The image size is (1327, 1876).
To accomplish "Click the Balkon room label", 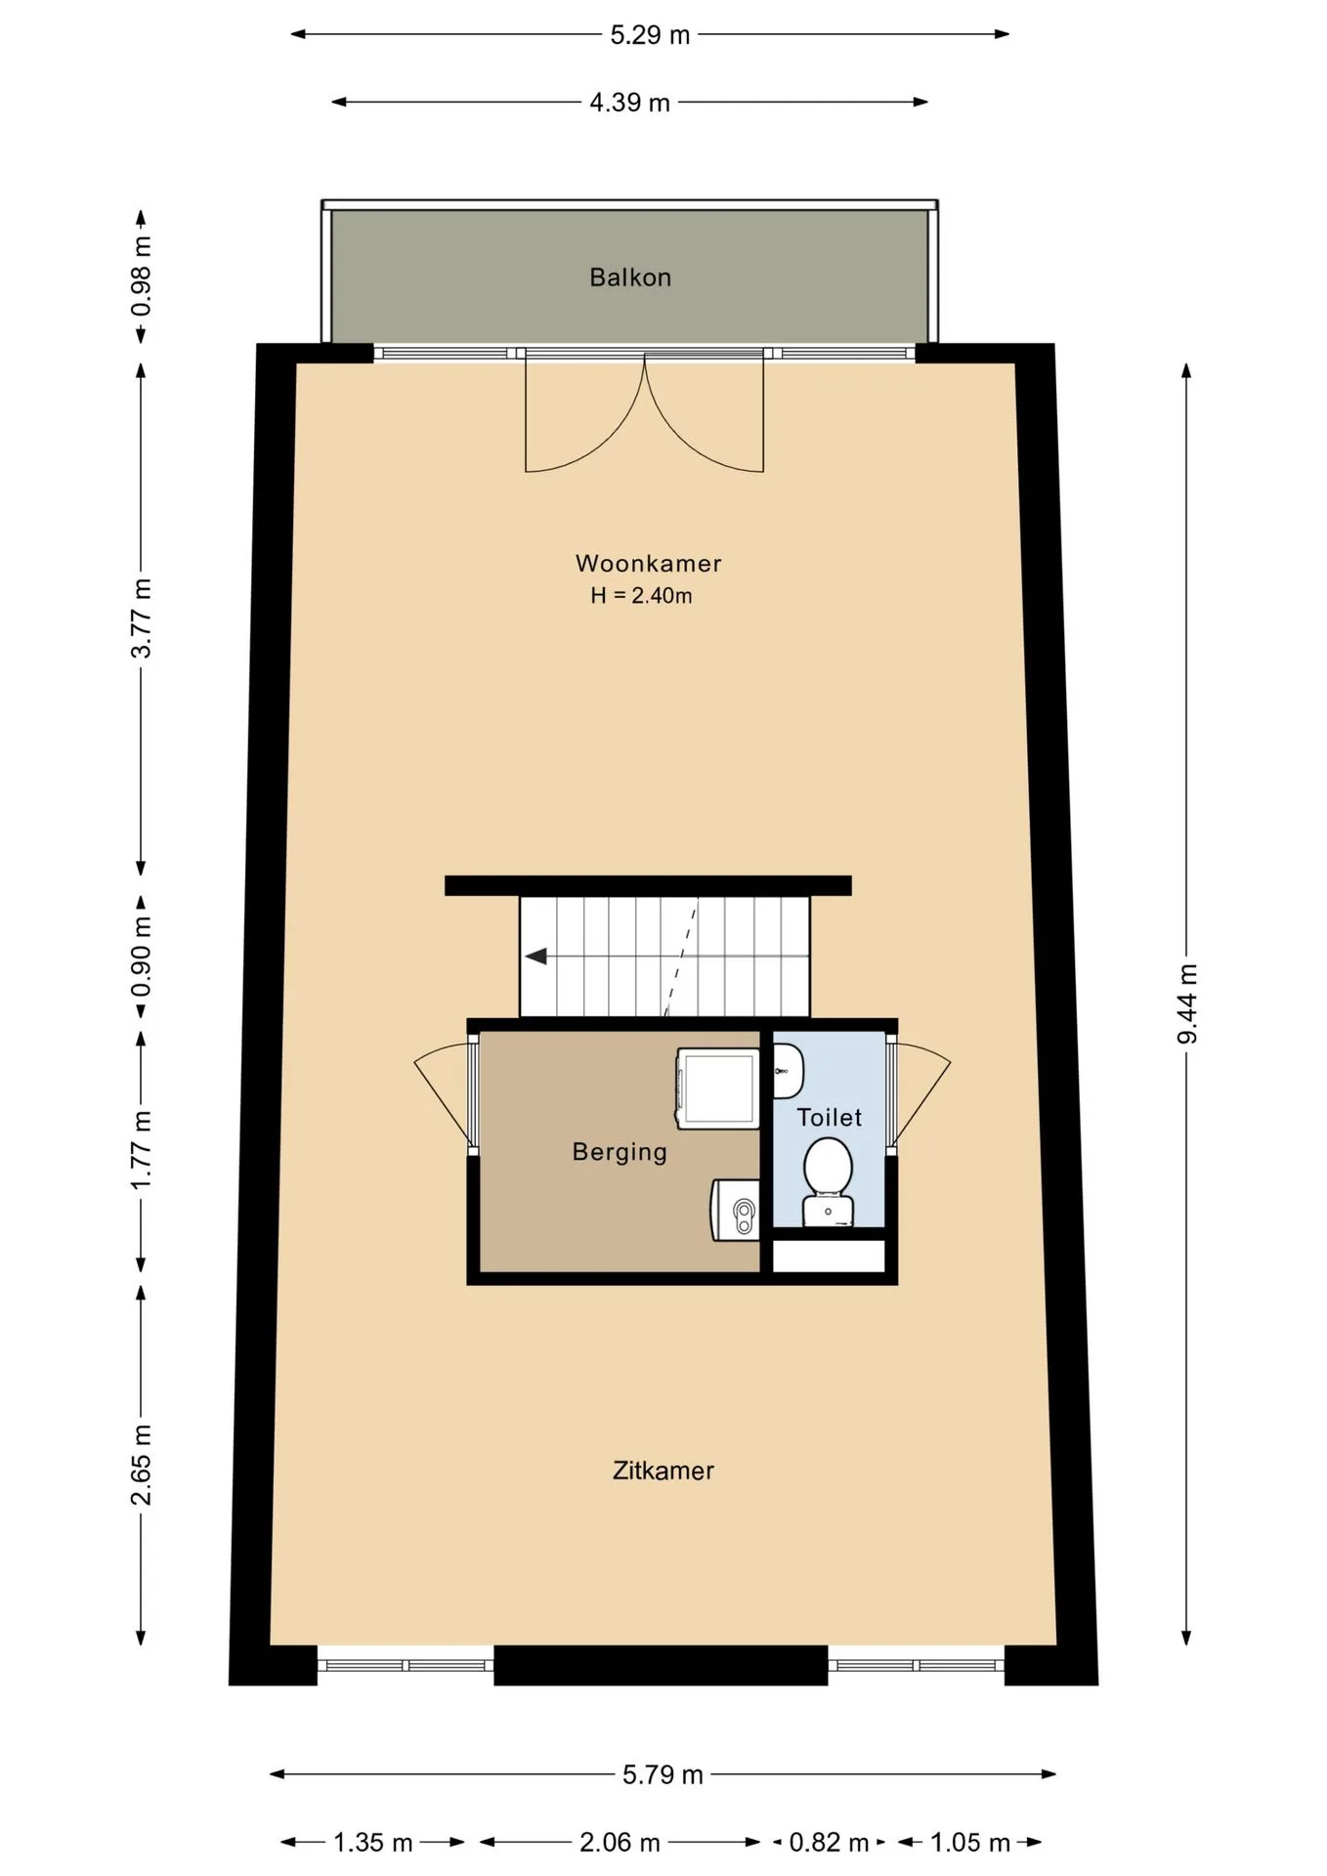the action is pos(630,277).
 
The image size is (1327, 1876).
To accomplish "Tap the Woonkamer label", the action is pos(649,564).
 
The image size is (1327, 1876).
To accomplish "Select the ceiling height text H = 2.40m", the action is pos(641,595).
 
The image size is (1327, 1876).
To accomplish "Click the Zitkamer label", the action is pos(663,1471).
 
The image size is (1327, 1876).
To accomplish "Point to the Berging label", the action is pos(620,1152).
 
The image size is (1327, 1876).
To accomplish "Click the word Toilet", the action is pos(830,1117).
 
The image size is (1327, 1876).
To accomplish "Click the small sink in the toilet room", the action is pos(788,1070).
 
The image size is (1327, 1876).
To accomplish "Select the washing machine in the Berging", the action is pos(718,1088).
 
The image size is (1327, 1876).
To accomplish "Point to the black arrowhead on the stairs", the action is pos(535,956).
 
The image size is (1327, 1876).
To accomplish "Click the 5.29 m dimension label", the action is pos(650,35).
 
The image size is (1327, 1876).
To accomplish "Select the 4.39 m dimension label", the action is pos(629,103).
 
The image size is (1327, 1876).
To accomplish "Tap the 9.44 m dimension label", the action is pos(1186,1003).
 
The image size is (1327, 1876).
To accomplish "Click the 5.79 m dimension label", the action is pos(663,1774).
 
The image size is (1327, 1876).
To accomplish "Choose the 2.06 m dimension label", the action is pos(620,1843).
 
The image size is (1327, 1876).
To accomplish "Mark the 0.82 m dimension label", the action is pos(829,1843).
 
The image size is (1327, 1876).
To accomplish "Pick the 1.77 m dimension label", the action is pos(142,1150).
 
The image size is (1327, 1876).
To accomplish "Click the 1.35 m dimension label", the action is pos(373,1843).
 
